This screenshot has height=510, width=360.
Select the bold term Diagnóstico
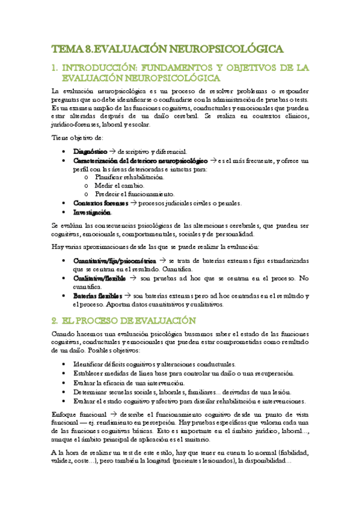pos(90,151)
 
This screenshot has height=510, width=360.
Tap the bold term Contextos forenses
pos(96,203)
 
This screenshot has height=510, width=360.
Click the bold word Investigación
pos(92,213)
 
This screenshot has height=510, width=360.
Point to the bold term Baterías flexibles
pos(97,296)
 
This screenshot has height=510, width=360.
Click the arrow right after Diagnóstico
pos(112,151)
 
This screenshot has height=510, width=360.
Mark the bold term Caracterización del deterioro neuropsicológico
pos(140,161)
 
